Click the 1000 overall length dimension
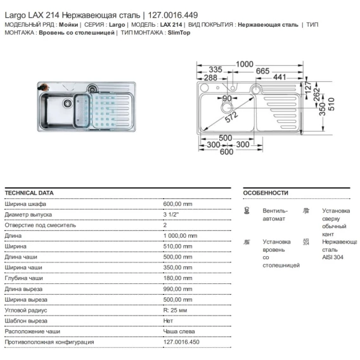pyautogui.click(x=245, y=64)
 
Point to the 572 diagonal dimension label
pyautogui.click(x=231, y=117)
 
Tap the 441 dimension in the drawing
pyautogui.click(x=280, y=77)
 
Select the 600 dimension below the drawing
pyautogui.click(x=226, y=151)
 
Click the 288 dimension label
pyautogui.click(x=210, y=77)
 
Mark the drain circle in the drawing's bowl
pyautogui.click(x=227, y=108)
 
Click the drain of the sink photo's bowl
pyautogui.click(x=68, y=103)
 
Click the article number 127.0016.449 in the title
pyautogui.click(x=172, y=15)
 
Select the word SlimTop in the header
pyautogui.click(x=179, y=32)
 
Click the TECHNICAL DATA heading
pyautogui.click(x=29, y=193)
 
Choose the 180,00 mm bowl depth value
pyautogui.click(x=177, y=278)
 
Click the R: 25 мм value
pyautogui.click(x=175, y=310)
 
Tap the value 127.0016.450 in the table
pyautogui.click(x=181, y=342)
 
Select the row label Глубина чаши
pyautogui.click(x=23, y=278)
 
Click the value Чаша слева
pyautogui.click(x=179, y=331)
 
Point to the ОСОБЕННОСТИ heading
pyautogui.click(x=266, y=193)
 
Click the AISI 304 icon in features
pyautogui.click(x=306, y=242)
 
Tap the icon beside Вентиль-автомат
pyautogui.click(x=247, y=210)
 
